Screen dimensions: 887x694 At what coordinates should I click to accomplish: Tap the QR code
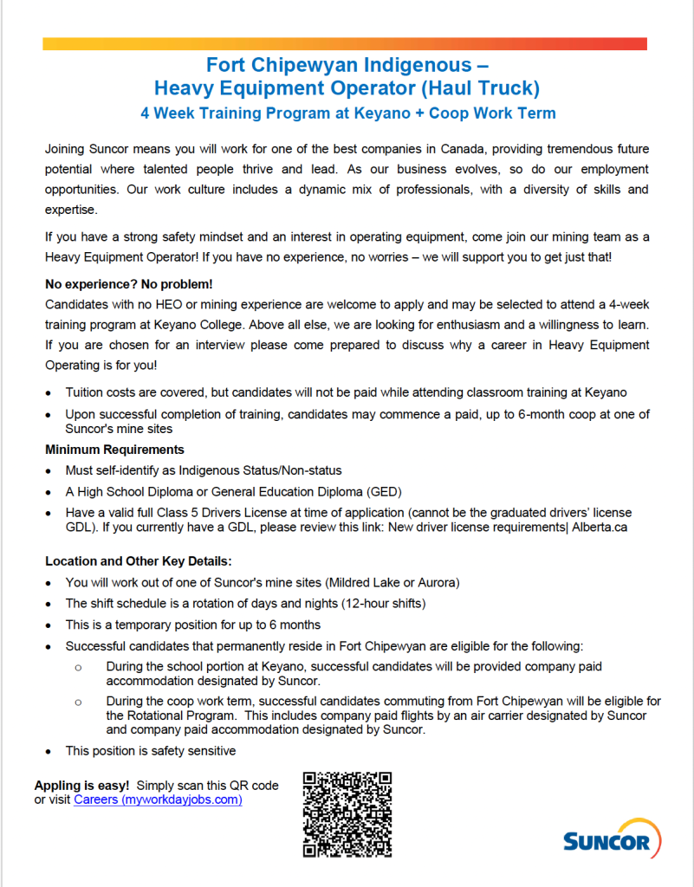(x=347, y=814)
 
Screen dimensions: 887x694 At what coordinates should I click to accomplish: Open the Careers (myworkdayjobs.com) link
(x=158, y=800)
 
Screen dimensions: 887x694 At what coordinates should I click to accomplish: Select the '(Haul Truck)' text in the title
(x=483, y=87)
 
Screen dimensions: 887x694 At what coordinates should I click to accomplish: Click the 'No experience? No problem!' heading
(x=129, y=284)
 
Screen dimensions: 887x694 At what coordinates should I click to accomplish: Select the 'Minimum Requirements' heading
(x=114, y=450)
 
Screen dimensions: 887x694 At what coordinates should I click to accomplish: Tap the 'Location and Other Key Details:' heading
(x=139, y=561)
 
